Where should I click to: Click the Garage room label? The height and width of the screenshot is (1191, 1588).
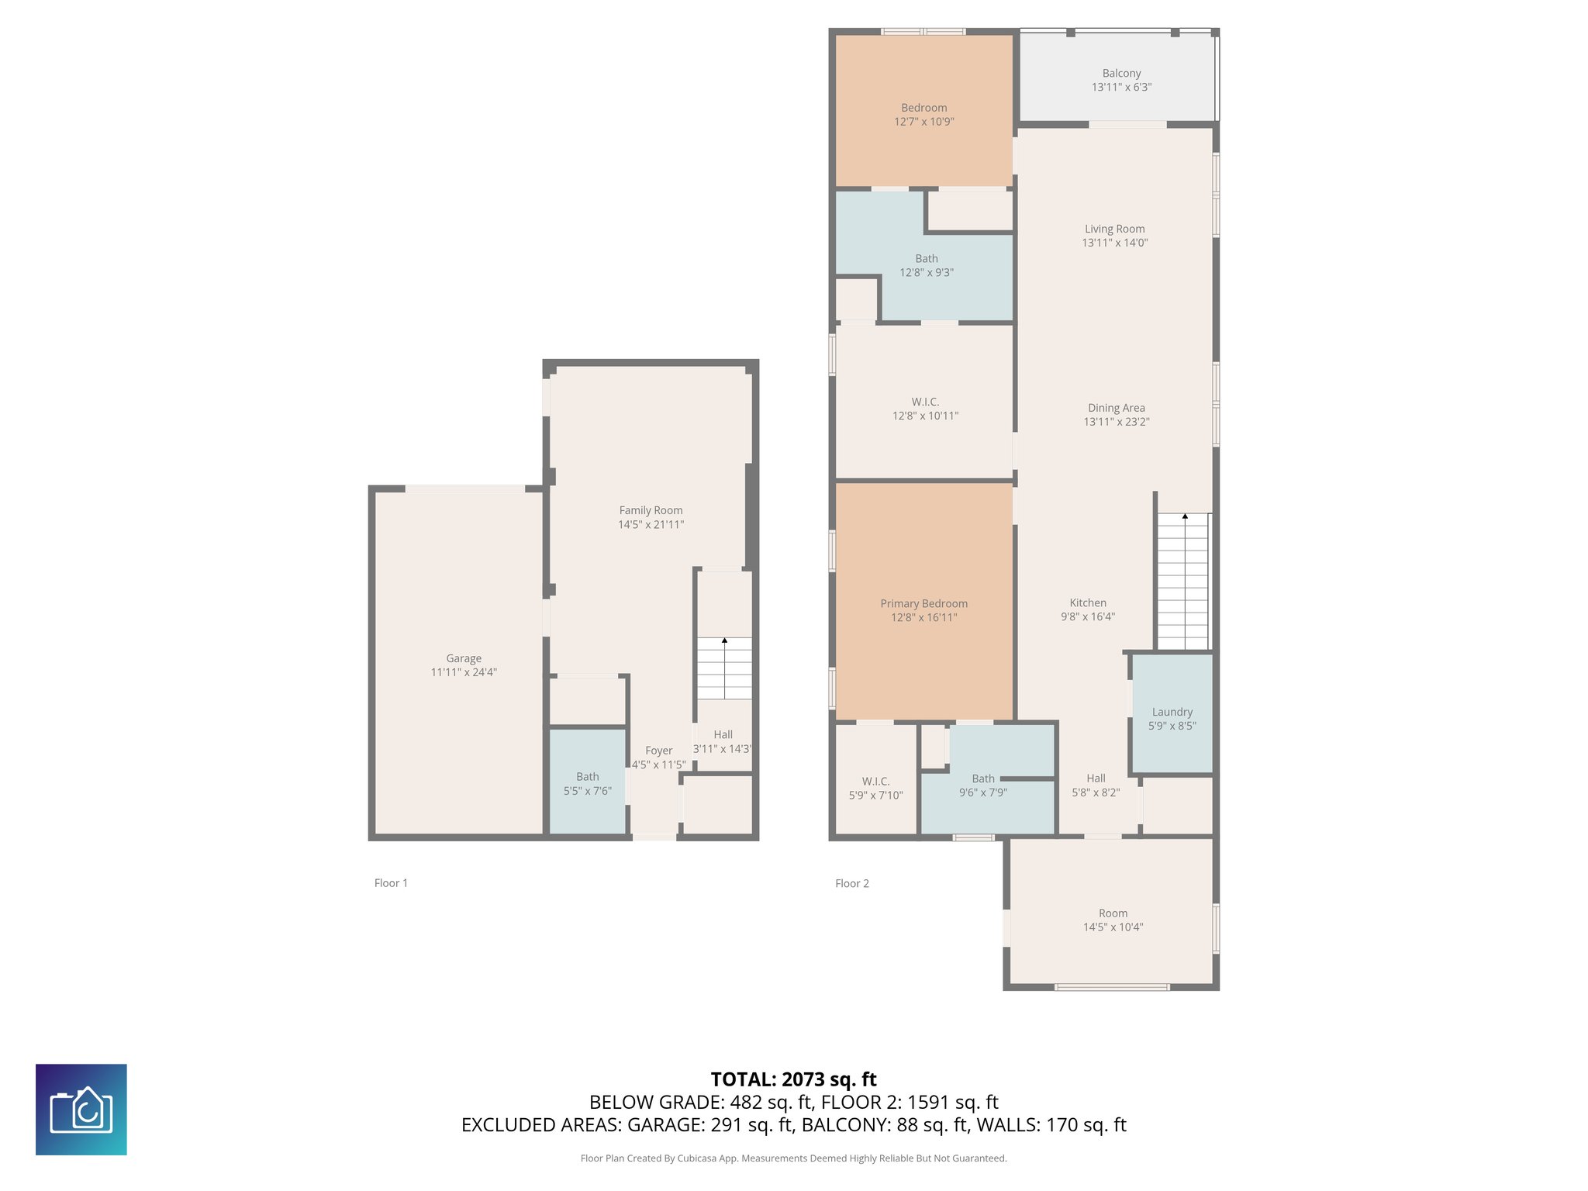pyautogui.click(x=464, y=658)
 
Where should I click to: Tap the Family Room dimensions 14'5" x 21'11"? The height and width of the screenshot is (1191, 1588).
pyautogui.click(x=651, y=525)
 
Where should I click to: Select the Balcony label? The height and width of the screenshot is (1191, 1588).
pyautogui.click(x=1121, y=73)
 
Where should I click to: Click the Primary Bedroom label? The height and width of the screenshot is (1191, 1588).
pyautogui.click(x=923, y=603)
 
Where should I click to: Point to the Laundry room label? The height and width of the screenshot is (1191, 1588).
pyautogui.click(x=1172, y=712)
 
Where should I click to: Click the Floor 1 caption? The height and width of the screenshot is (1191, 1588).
pyautogui.click(x=391, y=883)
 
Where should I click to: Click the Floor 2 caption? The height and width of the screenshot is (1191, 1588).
pyautogui.click(x=851, y=883)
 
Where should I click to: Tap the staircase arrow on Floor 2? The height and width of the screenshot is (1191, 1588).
pyautogui.click(x=1184, y=516)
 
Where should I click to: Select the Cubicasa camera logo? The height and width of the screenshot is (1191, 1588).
pyautogui.click(x=81, y=1110)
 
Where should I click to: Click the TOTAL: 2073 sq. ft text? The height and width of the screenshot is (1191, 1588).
pyautogui.click(x=793, y=1079)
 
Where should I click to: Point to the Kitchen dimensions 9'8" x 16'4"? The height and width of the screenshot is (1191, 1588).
pyautogui.click(x=1087, y=617)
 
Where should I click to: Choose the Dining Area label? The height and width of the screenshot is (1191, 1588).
pyautogui.click(x=1116, y=408)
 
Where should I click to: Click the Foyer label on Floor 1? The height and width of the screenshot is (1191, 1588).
pyautogui.click(x=658, y=751)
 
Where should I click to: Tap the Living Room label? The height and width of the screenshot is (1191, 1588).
pyautogui.click(x=1114, y=229)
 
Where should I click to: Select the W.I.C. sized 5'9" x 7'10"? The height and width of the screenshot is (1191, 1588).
pyautogui.click(x=875, y=788)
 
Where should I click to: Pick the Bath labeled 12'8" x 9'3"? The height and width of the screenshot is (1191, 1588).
pyautogui.click(x=926, y=265)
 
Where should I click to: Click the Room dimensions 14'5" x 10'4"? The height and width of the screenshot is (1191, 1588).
pyautogui.click(x=1113, y=927)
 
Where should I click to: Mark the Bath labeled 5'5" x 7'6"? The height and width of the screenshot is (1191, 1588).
pyautogui.click(x=587, y=783)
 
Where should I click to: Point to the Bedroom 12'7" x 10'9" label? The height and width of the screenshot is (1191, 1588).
pyautogui.click(x=923, y=114)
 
